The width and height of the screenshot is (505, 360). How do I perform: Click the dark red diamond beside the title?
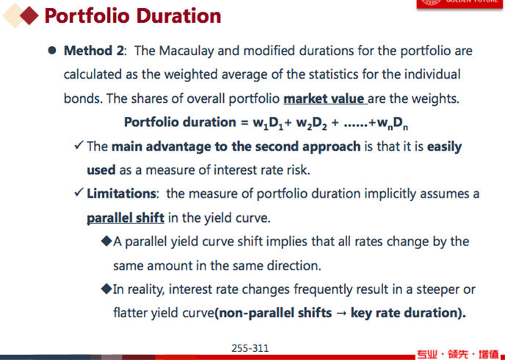point(29,15)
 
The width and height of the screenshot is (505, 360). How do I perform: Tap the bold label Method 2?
point(93,51)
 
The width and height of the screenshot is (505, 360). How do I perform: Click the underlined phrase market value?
point(324,98)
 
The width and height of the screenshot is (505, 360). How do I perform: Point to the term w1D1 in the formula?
point(268,123)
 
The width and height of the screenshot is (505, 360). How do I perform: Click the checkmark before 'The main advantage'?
point(79,145)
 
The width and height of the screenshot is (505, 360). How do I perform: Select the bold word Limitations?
point(121,193)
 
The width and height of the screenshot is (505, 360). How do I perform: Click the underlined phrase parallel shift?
point(126,218)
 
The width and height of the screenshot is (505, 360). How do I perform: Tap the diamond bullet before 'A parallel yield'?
point(106,241)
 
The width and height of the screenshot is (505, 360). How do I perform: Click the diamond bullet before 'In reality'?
point(106,289)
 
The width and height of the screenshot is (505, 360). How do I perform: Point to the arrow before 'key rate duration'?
point(341,313)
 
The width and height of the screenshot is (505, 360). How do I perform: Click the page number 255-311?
point(250,348)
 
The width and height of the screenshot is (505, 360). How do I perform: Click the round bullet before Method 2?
point(52,50)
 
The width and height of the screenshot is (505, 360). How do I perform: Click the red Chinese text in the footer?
point(458,354)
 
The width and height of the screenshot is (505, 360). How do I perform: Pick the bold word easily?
point(445,147)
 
